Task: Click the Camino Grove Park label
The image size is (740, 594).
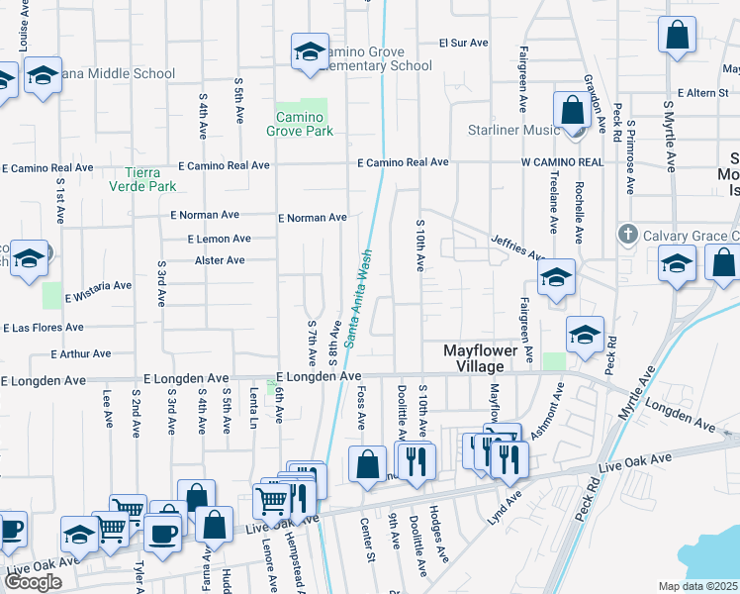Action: click(x=300, y=124)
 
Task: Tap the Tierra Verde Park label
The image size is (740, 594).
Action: click(x=142, y=178)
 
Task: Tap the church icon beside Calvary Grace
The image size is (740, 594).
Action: click(x=626, y=235)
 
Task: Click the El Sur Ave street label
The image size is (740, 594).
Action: click(x=464, y=44)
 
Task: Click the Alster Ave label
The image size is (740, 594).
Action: click(x=220, y=260)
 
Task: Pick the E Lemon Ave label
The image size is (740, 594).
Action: click(x=219, y=239)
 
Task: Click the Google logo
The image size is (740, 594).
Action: click(x=33, y=582)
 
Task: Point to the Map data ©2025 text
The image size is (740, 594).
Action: click(x=698, y=586)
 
